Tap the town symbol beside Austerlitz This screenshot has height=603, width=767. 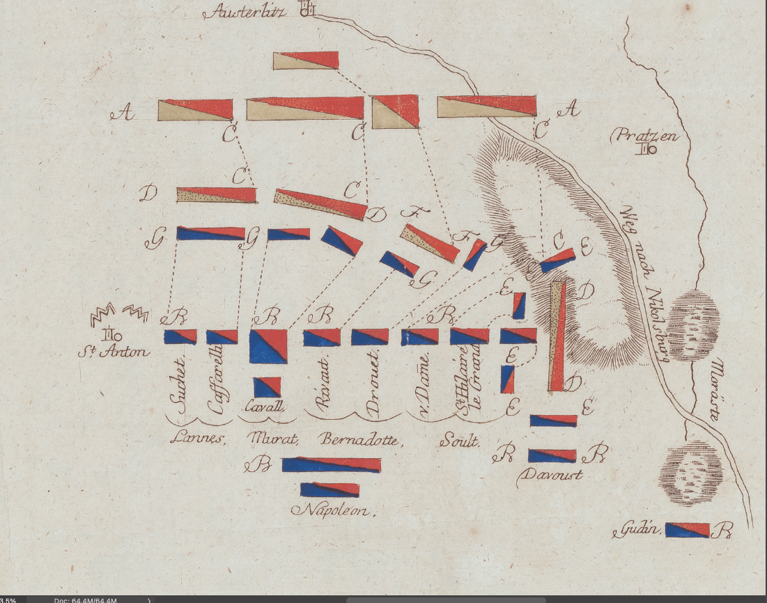click(307, 10)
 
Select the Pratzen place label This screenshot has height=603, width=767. click(644, 135)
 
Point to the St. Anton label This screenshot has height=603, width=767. click(114, 351)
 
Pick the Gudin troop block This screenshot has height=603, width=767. click(687, 530)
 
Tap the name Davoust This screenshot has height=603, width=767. click(550, 476)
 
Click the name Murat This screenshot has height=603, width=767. click(273, 439)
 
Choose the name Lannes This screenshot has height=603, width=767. click(198, 439)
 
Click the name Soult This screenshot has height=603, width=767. click(459, 440)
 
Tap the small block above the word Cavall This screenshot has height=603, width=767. click(268, 387)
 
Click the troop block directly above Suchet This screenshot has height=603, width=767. click(180, 337)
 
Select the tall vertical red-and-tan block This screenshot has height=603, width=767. click(557, 336)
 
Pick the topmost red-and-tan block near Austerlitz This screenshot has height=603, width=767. click(306, 61)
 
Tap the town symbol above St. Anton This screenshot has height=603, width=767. click(109, 334)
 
